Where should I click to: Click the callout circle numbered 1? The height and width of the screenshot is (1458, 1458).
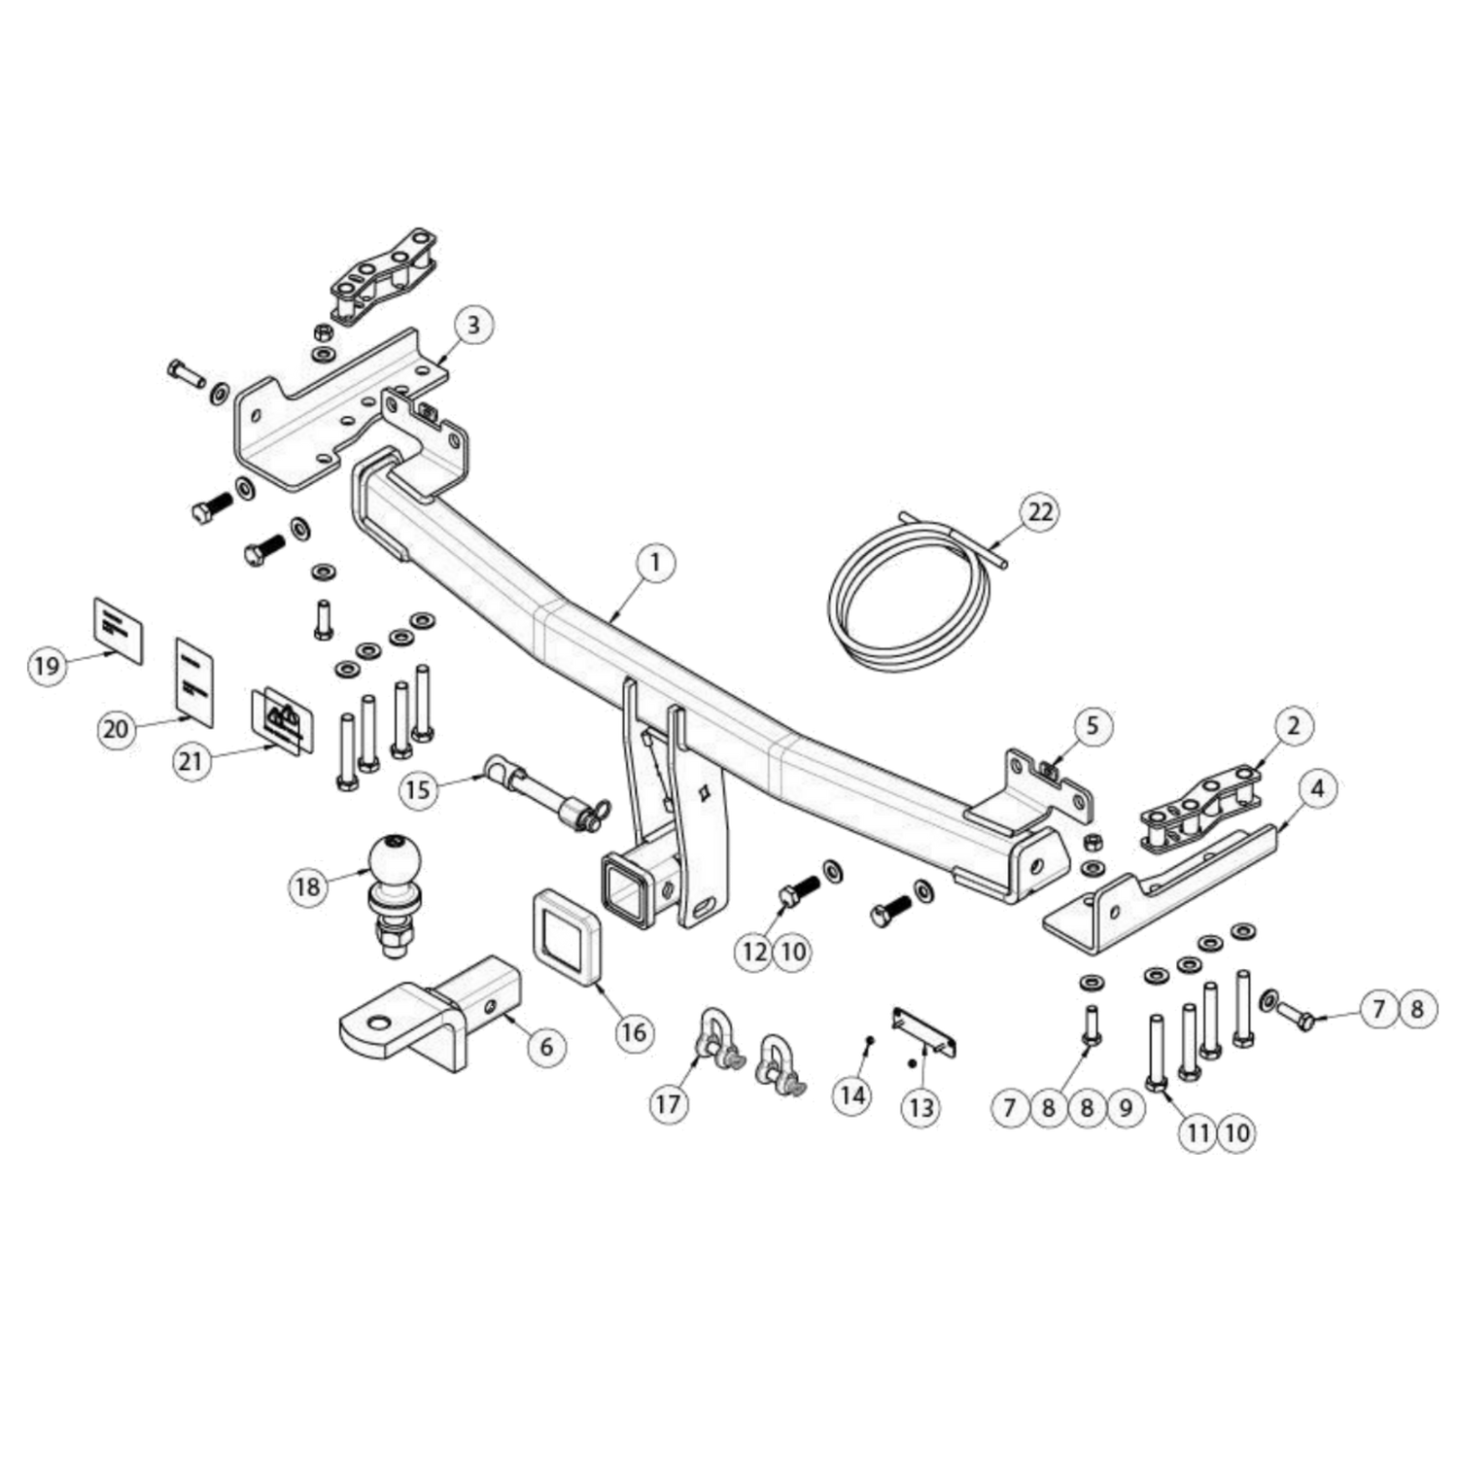coord(656,563)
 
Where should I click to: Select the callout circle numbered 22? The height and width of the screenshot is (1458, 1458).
coord(1040,512)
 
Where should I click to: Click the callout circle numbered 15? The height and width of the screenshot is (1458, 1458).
coord(418,789)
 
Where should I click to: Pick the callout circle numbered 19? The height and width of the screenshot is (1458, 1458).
coord(47,666)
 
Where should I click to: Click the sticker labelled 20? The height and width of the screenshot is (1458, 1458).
coord(194,682)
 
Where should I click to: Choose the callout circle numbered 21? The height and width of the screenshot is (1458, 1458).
coord(192,760)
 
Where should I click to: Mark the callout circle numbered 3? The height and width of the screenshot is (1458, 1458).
coord(473,325)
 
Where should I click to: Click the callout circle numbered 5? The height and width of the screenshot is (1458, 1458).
coord(1093,725)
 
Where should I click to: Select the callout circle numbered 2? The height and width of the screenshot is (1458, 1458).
coord(1294,725)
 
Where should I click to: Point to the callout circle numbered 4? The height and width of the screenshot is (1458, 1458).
coord(1317,788)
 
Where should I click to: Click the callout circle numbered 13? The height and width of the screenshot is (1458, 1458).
coord(920,1107)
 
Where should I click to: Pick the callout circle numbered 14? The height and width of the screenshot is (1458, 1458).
coord(852,1095)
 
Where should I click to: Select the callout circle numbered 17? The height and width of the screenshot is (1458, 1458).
coord(669,1104)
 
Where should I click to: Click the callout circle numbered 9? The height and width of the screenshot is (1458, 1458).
coord(1126,1107)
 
